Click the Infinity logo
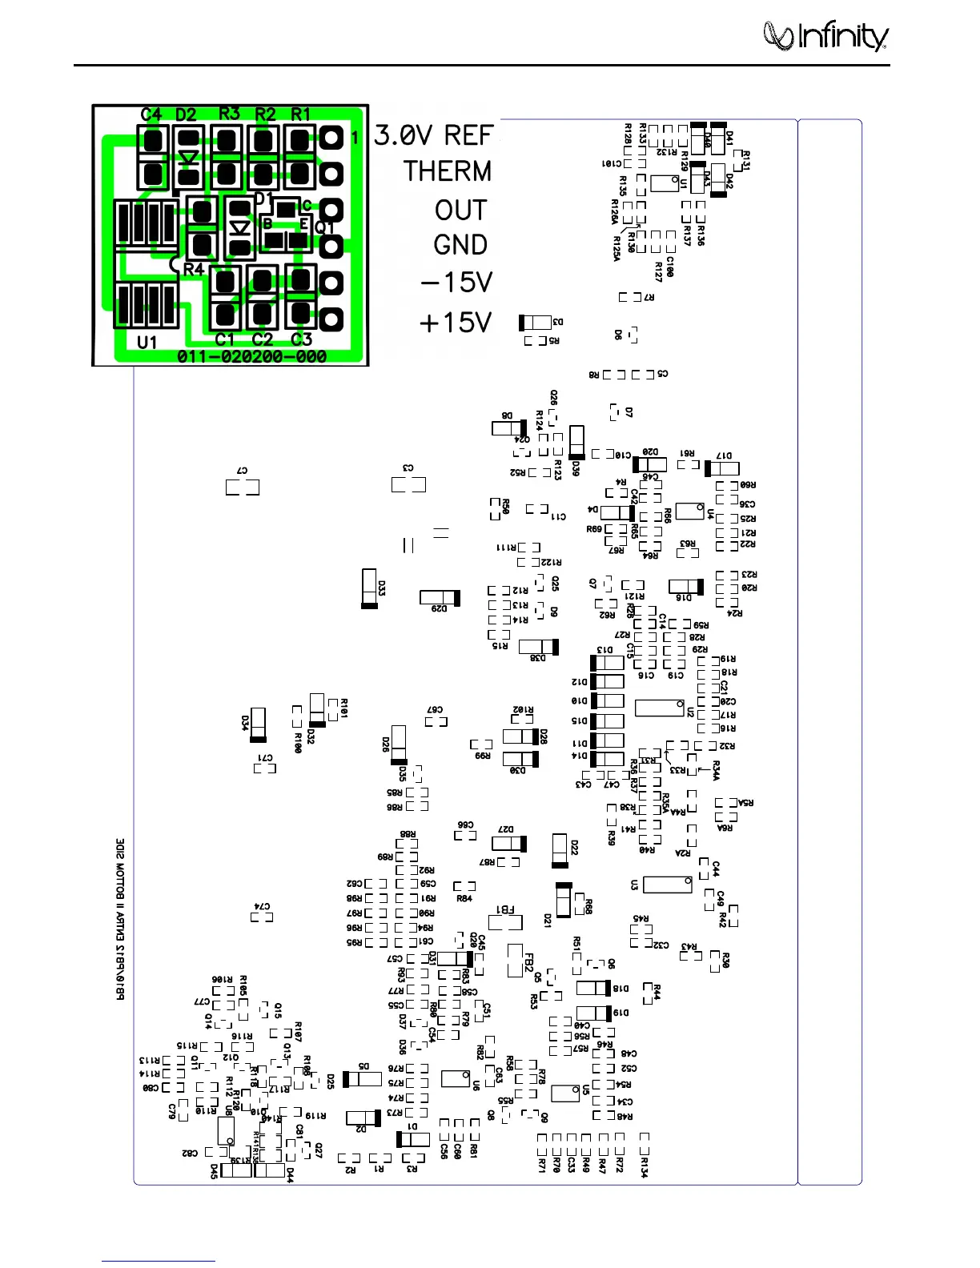826,36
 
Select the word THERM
447,171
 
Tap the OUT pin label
460,210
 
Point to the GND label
460,245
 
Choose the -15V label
456,282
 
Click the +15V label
456,323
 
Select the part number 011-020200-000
251,356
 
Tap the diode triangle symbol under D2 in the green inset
189,158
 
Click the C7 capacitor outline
242,487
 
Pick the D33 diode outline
369,588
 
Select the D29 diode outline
440,598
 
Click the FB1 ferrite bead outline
504,922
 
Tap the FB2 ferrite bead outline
515,961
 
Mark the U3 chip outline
667,884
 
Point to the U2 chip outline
659,708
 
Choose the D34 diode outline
258,720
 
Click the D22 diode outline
560,850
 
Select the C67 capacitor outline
436,722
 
